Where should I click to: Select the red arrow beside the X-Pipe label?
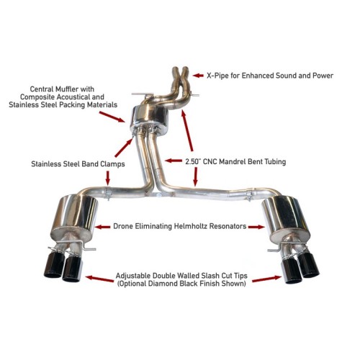[x=198, y=75]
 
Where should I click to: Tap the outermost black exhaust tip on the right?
[x=311, y=266]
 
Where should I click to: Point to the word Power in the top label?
[x=320, y=75]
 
